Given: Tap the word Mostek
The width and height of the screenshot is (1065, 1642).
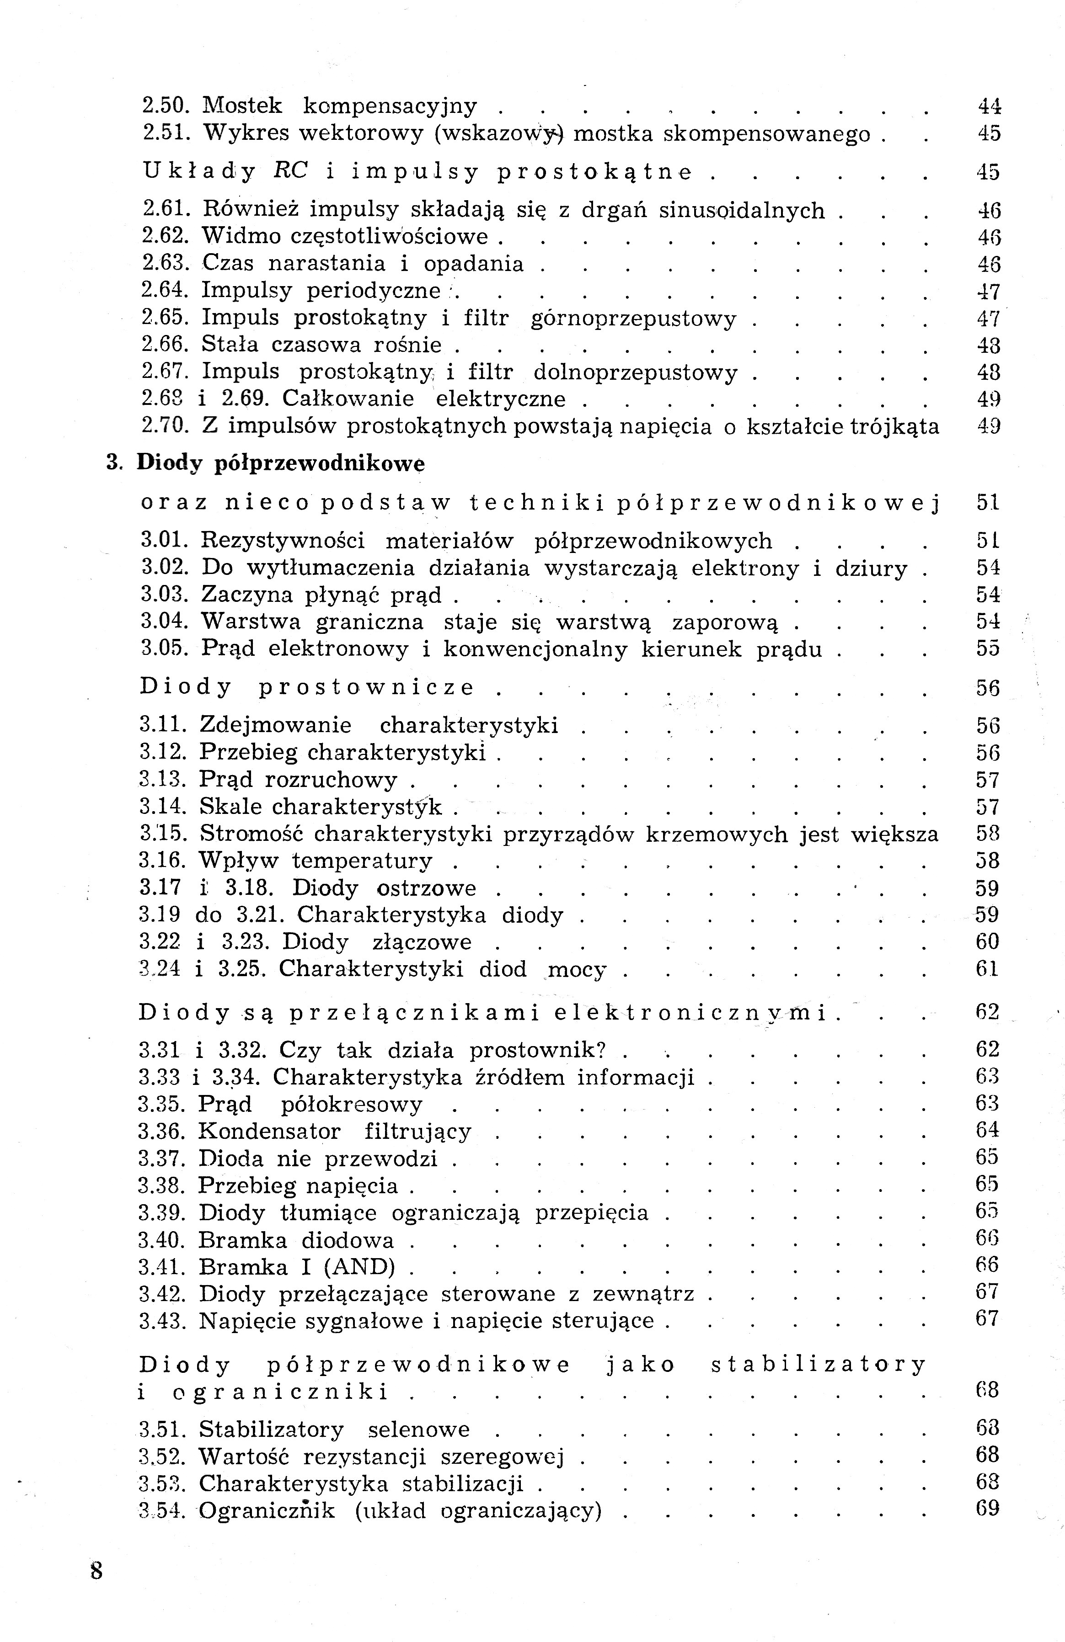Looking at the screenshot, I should pos(242,106).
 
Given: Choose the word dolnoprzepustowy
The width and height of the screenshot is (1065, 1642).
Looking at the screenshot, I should pos(636,373).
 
